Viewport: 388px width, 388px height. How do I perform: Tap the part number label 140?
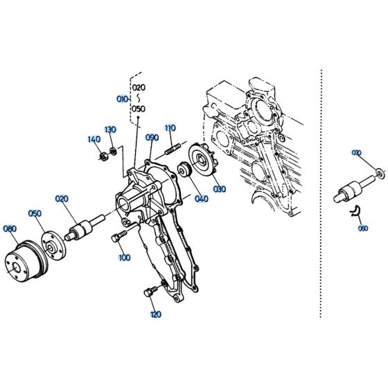(94, 139)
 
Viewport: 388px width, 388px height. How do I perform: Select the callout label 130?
(110, 130)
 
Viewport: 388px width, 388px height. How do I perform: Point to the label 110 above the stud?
(170, 128)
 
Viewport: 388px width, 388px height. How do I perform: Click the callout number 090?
(152, 138)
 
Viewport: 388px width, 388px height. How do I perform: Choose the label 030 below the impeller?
(219, 188)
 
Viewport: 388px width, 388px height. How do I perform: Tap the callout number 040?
(202, 199)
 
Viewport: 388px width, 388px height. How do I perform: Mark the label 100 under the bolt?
(124, 258)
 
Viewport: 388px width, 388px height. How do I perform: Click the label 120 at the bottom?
(155, 314)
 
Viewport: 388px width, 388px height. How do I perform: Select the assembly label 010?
(121, 99)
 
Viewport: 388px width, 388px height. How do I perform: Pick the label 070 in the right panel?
(357, 152)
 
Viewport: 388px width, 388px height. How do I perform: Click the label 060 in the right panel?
(363, 227)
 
